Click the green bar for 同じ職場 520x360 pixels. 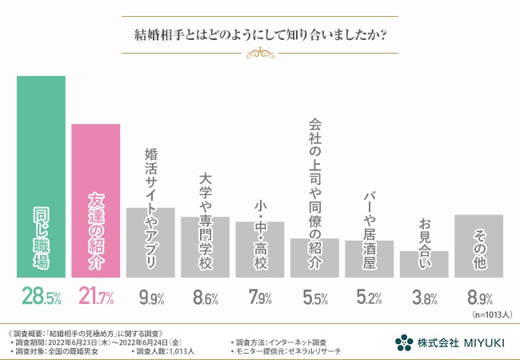click(x=41, y=176)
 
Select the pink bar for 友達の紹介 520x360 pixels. click(x=96, y=200)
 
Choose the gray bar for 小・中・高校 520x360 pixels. click(x=259, y=249)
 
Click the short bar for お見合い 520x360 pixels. click(x=423, y=263)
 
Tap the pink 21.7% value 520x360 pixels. click(x=96, y=298)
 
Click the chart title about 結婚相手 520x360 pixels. click(x=259, y=35)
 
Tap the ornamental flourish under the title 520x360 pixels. click(x=259, y=53)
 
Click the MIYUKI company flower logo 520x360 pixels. click(x=404, y=342)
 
